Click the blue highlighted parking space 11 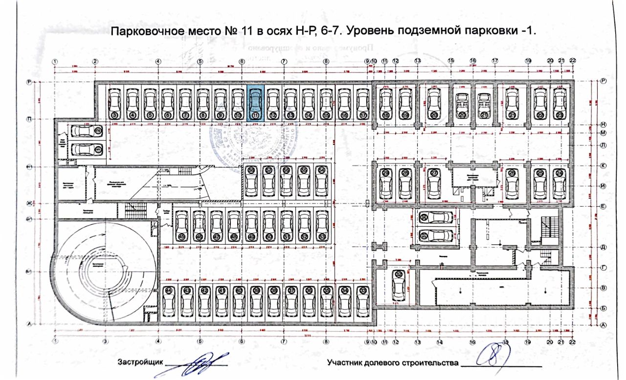click(x=255, y=103)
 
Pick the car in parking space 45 click(x=181, y=225)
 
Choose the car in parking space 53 click(x=321, y=225)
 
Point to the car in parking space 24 click(x=558, y=184)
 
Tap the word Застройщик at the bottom click(x=139, y=363)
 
